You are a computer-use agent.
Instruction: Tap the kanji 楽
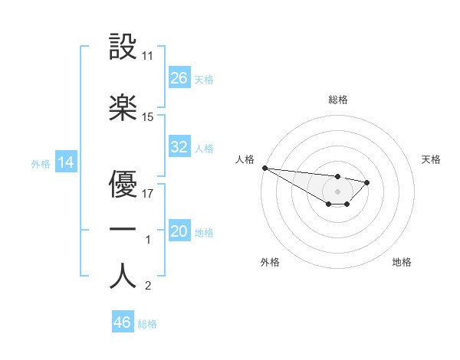[x=123, y=107]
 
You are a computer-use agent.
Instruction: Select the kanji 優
[x=123, y=185]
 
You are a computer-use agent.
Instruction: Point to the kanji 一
[x=123, y=230]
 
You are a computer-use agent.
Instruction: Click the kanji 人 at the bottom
[x=123, y=276]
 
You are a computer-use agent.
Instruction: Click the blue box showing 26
[x=179, y=77]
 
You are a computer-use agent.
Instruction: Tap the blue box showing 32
[x=179, y=147]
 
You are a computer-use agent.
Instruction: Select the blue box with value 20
[x=179, y=231]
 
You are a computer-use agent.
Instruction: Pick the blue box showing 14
[x=66, y=162]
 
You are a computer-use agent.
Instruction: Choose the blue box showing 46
[x=123, y=322]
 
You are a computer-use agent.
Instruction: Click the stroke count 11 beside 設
[x=148, y=56]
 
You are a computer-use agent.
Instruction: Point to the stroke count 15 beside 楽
[x=148, y=117]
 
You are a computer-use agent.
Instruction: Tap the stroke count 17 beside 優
[x=148, y=194]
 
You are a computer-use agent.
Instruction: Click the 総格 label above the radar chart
[x=338, y=100]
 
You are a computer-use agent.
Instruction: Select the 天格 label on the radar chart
[x=431, y=159]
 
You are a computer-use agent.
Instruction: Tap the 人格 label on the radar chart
[x=244, y=159]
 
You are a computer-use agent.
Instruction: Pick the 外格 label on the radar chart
[x=270, y=262]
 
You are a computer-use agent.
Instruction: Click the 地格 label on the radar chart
[x=402, y=262]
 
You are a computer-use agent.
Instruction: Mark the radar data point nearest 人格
[x=264, y=168]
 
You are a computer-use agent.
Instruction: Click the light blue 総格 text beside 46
[x=147, y=324]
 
